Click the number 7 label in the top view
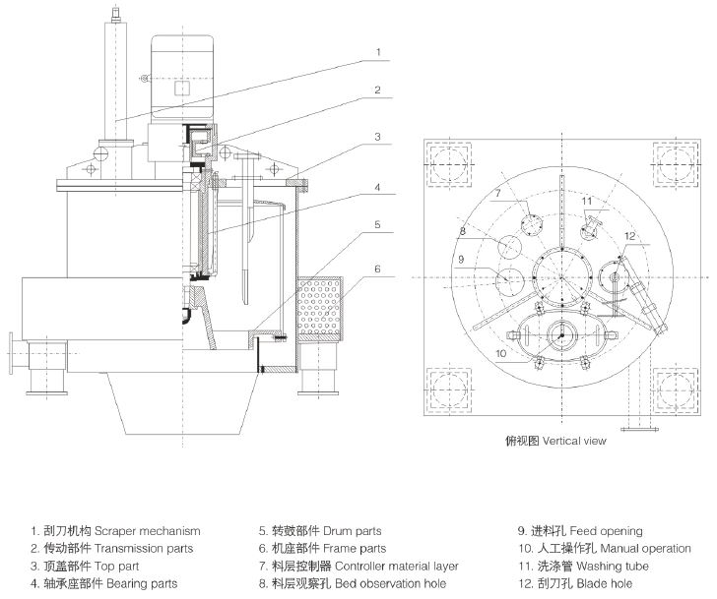[498, 194]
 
